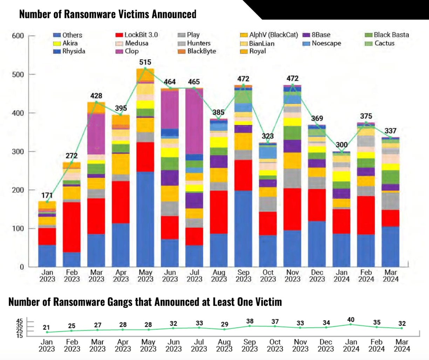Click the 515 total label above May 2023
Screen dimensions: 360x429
click(145, 62)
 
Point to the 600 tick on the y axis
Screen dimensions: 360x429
click(18, 36)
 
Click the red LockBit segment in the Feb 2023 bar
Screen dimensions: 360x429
click(71, 227)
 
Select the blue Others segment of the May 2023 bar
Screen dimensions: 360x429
click(145, 219)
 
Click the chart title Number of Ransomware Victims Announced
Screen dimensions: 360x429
click(108, 14)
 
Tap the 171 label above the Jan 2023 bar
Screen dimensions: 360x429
click(47, 196)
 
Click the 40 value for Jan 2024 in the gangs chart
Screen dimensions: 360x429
click(351, 320)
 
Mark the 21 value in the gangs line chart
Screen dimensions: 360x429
click(46, 328)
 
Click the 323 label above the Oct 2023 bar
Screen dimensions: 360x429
click(268, 136)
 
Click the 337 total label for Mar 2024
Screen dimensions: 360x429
click(390, 131)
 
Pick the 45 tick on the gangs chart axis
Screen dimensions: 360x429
click(20, 321)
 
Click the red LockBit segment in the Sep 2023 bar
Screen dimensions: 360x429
click(243, 175)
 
